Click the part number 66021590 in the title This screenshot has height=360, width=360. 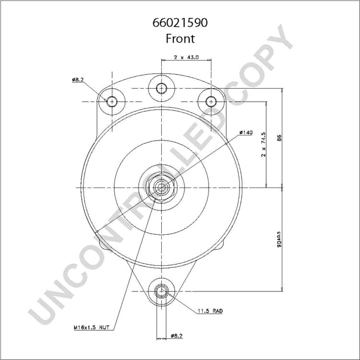point(180,25)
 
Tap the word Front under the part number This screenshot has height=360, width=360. point(180,39)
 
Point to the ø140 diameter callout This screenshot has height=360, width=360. point(246,133)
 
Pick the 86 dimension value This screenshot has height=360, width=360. point(279,138)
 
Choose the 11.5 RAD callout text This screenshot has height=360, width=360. point(211,311)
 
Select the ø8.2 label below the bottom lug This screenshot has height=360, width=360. point(177,337)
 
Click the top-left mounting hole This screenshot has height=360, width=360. point(112,101)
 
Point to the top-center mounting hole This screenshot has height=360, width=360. point(162,88)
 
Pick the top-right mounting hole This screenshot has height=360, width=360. point(211,101)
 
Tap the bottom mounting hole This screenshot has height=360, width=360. point(162,291)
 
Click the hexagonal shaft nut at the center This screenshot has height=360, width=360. point(162,187)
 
